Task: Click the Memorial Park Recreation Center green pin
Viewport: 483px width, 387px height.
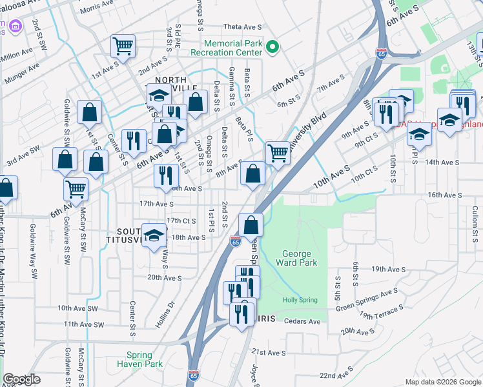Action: pyautogui.click(x=272, y=47)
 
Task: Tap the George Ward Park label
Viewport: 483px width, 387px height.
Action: pyautogui.click(x=297, y=259)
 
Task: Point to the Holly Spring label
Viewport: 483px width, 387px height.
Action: pyautogui.click(x=300, y=301)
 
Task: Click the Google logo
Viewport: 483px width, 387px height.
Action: pyautogui.click(x=21, y=380)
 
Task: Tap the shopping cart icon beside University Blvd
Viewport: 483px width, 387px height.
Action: pyautogui.click(x=278, y=154)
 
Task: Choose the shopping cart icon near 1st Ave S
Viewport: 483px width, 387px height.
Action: pyautogui.click(x=123, y=46)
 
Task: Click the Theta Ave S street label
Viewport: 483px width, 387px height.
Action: pyautogui.click(x=242, y=27)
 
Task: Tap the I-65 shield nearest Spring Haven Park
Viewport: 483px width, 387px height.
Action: pyautogui.click(x=193, y=374)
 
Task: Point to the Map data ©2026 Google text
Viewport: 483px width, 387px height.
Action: pyautogui.click(x=442, y=382)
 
